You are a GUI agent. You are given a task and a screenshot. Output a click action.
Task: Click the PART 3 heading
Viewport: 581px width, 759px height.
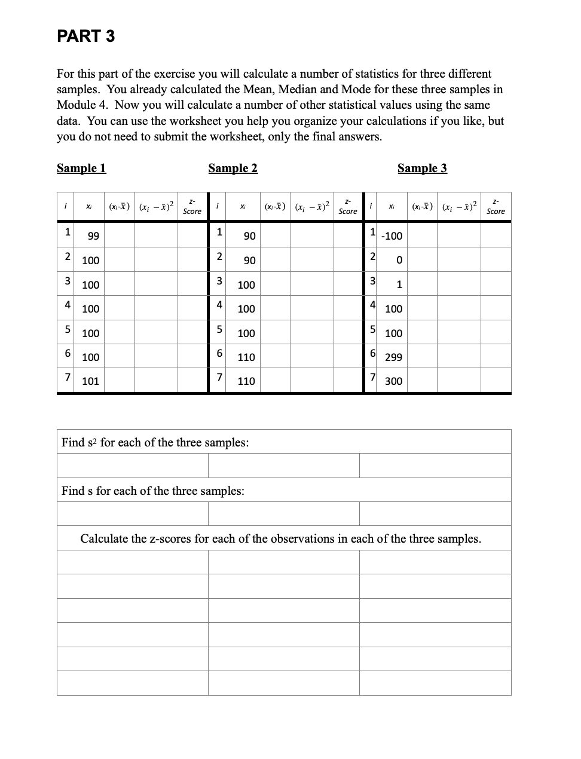pyautogui.click(x=85, y=36)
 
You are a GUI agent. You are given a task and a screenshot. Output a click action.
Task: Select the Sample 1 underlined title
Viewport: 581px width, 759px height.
pyautogui.click(x=81, y=168)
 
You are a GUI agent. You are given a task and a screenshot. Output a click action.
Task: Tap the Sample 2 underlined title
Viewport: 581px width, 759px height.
pyautogui.click(x=233, y=168)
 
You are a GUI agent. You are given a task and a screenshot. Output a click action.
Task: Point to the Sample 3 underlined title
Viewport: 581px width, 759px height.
pyautogui.click(x=422, y=168)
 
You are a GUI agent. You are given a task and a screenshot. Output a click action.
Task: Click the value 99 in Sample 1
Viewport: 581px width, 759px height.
pyautogui.click(x=93, y=236)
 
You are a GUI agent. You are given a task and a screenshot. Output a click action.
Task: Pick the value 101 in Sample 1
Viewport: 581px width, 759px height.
pyautogui.click(x=90, y=381)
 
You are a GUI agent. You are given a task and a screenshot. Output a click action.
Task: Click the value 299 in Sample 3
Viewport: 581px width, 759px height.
pyautogui.click(x=393, y=357)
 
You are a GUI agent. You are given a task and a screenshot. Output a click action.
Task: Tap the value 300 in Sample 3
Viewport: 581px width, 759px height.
pyautogui.click(x=393, y=381)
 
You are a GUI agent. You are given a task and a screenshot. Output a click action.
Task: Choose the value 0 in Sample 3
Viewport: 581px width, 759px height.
pyautogui.click(x=399, y=261)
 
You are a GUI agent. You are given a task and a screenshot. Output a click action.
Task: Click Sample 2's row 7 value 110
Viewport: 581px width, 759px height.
pyautogui.click(x=246, y=381)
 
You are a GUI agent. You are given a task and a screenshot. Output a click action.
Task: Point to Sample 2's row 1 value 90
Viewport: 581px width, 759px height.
pyautogui.click(x=249, y=236)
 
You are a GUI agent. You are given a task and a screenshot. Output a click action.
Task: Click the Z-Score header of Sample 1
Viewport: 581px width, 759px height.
pyautogui.click(x=192, y=207)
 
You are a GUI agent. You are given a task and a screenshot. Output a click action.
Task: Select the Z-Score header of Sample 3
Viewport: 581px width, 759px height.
pyautogui.click(x=496, y=207)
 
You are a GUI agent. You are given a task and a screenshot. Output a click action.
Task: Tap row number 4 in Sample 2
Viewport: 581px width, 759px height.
pyautogui.click(x=219, y=305)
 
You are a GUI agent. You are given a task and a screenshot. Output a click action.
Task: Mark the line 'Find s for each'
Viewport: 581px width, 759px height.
pyautogui.click(x=152, y=491)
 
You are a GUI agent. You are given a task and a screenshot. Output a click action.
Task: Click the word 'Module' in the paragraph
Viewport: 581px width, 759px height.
pyautogui.click(x=76, y=105)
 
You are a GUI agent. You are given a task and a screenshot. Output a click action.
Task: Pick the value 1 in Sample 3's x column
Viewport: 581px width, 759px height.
pyautogui.click(x=399, y=285)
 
